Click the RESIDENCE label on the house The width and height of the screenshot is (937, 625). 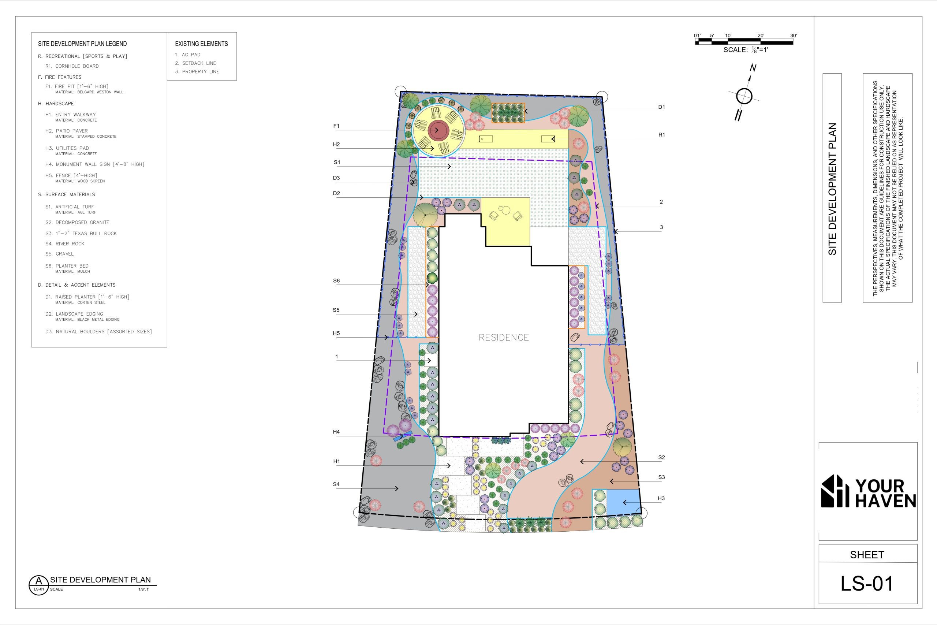(504, 338)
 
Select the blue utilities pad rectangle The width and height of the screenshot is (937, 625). (623, 502)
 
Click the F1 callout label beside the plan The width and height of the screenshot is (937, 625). (336, 126)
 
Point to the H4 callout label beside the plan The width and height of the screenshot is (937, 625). (336, 432)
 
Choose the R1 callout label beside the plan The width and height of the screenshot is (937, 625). (661, 135)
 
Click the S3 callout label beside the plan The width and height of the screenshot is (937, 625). (661, 477)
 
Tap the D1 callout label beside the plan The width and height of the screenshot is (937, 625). (661, 107)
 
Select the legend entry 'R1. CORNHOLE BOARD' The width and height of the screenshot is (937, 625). (72, 66)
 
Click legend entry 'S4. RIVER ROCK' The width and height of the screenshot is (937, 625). (65, 243)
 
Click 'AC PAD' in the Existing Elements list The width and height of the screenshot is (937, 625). (188, 55)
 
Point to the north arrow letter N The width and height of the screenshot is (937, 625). (753, 68)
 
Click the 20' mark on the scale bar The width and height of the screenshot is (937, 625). (761, 36)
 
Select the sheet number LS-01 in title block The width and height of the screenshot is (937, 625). (867, 584)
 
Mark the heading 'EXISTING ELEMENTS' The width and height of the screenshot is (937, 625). (202, 44)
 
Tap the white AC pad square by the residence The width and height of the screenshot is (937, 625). (431, 360)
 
